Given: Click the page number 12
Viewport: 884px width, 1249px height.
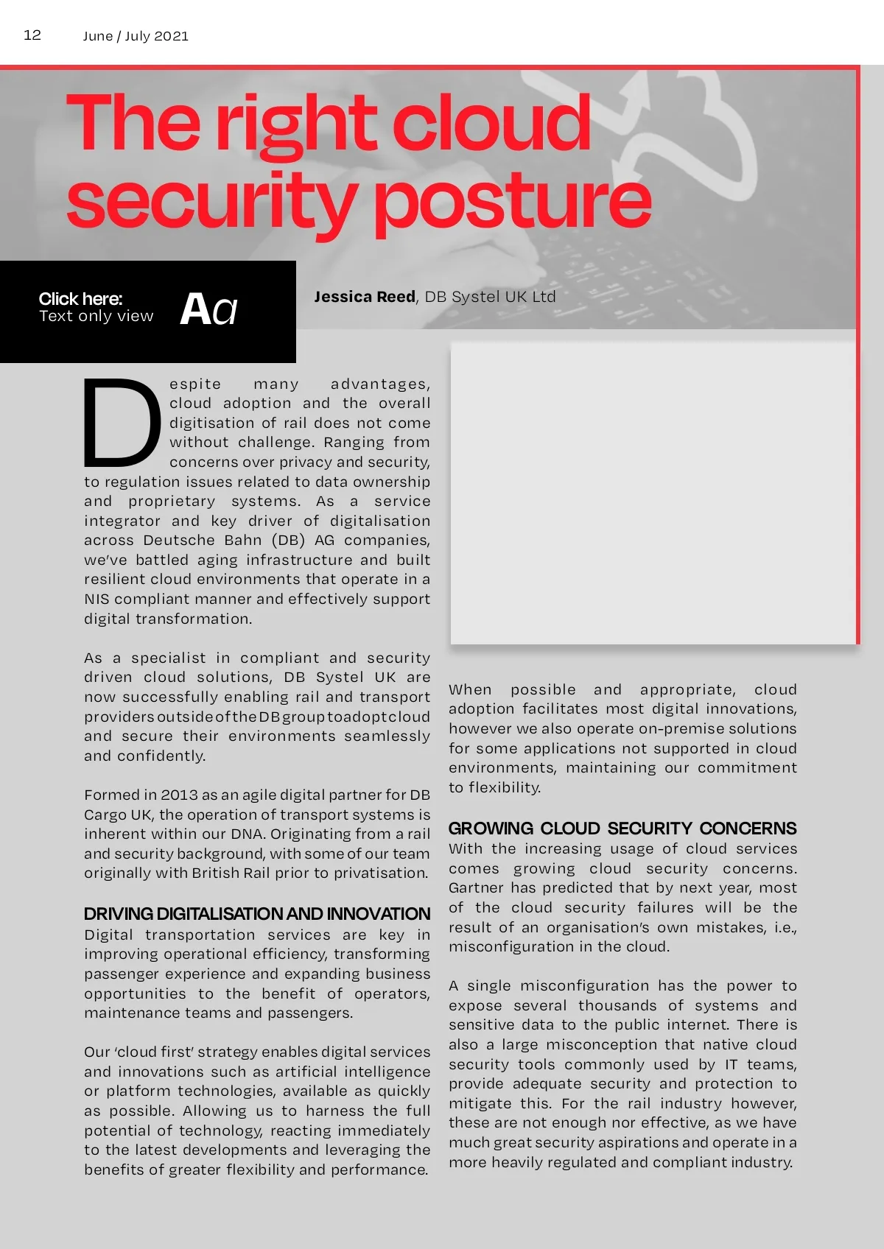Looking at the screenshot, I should point(32,35).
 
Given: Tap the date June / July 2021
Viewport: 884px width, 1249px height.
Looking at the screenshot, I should point(136,36).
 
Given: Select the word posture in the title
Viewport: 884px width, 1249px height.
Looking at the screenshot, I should point(513,200).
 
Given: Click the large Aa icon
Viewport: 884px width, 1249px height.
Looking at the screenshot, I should point(208,309).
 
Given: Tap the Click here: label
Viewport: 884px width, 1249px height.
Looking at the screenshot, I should point(80,298).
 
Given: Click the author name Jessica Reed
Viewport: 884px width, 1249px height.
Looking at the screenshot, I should point(365,297).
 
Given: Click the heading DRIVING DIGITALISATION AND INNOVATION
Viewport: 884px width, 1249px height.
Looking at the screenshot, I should point(256,914).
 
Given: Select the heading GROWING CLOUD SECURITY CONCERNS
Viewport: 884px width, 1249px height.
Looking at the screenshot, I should point(622,828).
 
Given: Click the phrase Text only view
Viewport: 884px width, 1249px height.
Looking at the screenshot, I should point(96,316).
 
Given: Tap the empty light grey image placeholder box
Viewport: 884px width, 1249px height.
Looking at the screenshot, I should point(653,492).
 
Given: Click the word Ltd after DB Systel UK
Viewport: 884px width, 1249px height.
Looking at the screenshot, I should point(544,297).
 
